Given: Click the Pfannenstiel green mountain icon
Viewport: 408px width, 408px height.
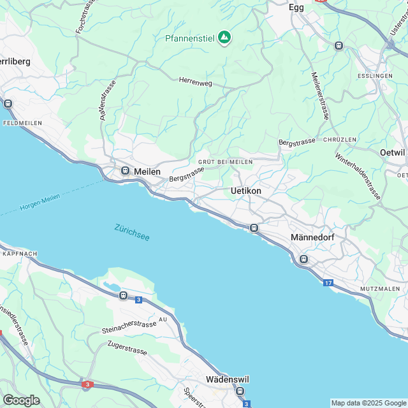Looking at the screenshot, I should [x=224, y=38].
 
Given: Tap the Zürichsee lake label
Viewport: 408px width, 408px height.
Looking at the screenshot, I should [x=132, y=233].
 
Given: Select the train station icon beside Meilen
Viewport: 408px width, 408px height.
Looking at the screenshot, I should [x=126, y=171].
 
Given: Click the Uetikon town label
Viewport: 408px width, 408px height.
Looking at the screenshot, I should [x=245, y=191].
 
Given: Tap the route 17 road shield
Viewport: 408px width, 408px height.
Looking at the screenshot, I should [x=328, y=282].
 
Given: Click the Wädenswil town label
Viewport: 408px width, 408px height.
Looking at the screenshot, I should [x=227, y=379].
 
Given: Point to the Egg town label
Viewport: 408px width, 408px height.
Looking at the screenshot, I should [x=296, y=7].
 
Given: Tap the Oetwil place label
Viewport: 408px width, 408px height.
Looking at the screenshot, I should [x=393, y=152].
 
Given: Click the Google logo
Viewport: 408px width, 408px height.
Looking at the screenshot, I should [x=21, y=400].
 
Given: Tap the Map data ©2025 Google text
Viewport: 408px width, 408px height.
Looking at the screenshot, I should [x=368, y=403].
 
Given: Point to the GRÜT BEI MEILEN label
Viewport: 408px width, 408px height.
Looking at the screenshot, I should [x=225, y=162].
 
